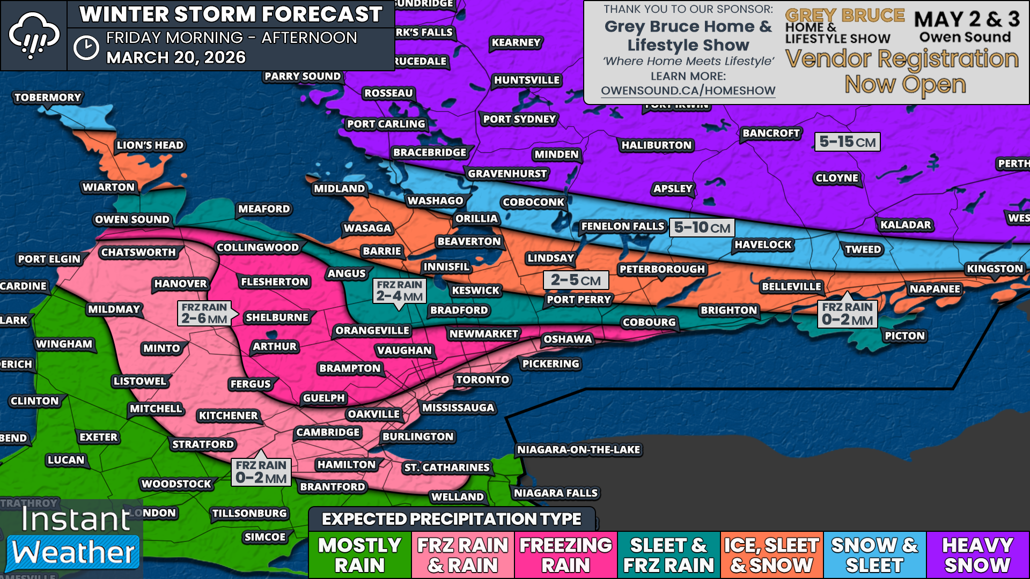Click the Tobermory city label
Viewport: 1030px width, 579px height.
point(48,98)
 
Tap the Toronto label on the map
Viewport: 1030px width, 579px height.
point(482,380)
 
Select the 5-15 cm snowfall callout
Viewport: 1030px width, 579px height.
point(847,142)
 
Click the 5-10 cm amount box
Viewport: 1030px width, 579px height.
point(702,228)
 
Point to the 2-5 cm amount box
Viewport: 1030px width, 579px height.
point(576,280)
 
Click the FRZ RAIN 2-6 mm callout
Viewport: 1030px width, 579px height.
point(204,314)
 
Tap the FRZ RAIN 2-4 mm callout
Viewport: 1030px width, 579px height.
point(400,291)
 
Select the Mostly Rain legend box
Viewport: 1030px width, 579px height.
point(360,555)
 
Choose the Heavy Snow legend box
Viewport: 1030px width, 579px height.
point(977,555)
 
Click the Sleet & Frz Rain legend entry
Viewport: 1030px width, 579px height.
point(668,555)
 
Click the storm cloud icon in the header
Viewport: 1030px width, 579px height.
point(34,35)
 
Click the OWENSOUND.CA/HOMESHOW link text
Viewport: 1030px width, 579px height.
point(688,91)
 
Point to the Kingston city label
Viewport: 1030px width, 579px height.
point(995,269)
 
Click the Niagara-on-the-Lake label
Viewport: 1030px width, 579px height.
point(578,449)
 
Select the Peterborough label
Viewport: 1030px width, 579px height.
point(661,269)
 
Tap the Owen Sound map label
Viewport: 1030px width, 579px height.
point(132,219)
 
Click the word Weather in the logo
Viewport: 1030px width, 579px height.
point(73,552)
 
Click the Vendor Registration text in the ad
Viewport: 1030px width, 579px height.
point(902,59)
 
